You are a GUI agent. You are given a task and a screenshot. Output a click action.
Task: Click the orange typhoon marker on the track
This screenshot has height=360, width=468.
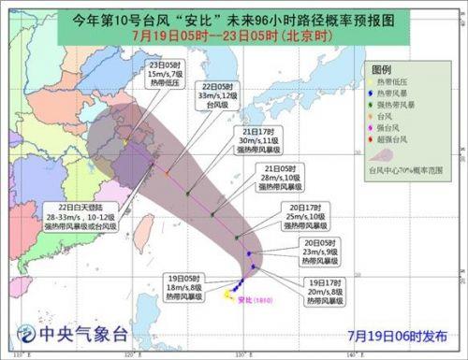(167, 172)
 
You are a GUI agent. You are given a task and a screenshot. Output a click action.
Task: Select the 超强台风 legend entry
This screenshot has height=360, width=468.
(393, 139)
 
